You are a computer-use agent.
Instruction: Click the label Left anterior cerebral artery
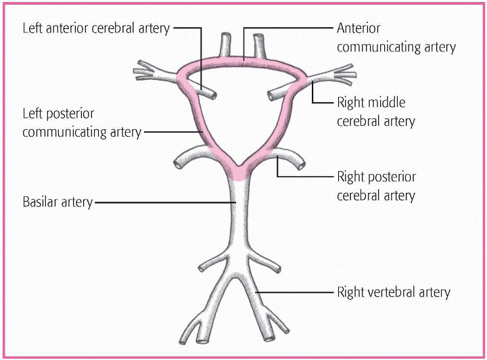click(x=96, y=28)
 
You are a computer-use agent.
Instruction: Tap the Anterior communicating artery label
click(x=396, y=38)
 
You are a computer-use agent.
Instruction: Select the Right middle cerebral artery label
click(x=375, y=112)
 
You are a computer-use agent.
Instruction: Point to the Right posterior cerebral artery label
click(x=376, y=186)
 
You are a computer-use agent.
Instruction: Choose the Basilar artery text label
click(x=57, y=202)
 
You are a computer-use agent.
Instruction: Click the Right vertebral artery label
click(x=393, y=292)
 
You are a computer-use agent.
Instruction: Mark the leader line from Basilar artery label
click(x=162, y=202)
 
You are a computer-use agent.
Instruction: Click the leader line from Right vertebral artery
click(x=298, y=292)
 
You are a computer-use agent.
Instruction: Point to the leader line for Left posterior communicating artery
click(x=172, y=131)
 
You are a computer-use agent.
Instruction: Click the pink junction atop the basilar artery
click(x=238, y=171)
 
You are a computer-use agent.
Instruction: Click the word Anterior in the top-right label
click(x=358, y=28)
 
